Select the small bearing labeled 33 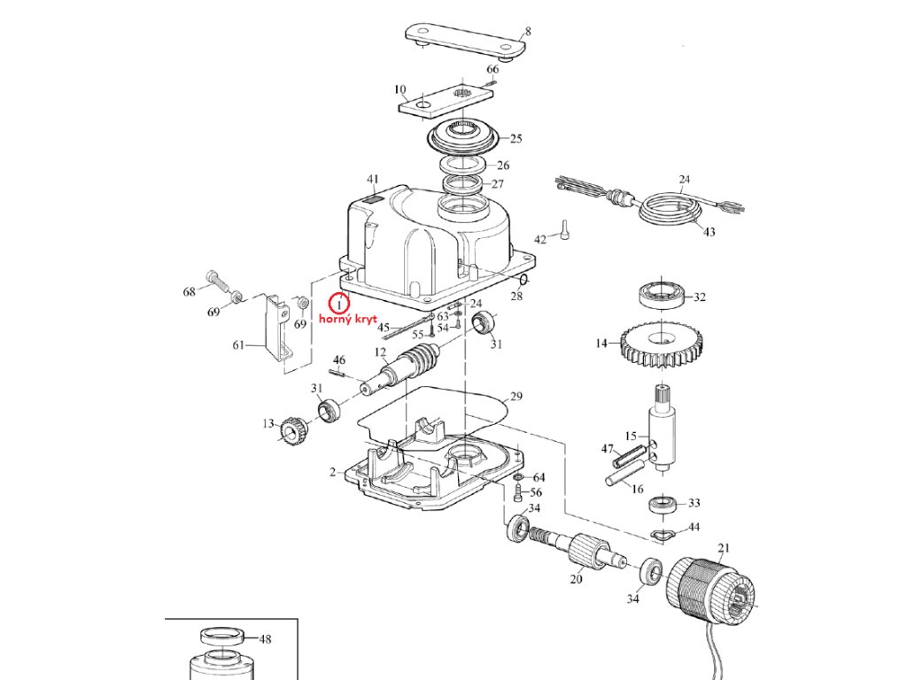pos(659,505)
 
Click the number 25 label pos(516,138)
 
